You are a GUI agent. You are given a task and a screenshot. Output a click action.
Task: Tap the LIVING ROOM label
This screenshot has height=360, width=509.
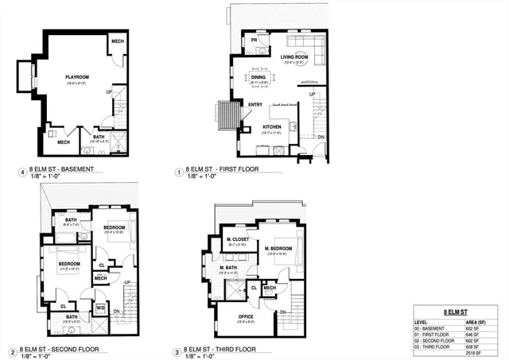tap(294, 57)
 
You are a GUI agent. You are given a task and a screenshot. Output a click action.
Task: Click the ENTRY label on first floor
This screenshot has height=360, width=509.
tap(255, 105)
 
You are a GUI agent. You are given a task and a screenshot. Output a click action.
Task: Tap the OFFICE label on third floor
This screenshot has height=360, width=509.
tap(245, 316)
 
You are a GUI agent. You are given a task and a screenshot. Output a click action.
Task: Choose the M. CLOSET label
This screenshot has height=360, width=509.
tap(238, 240)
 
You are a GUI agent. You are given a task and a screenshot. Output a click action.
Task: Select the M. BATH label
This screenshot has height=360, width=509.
tap(230, 267)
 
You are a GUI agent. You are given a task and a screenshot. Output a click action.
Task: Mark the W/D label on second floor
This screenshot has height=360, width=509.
tap(100, 307)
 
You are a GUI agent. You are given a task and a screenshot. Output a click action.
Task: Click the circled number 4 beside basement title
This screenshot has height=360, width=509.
tap(20, 171)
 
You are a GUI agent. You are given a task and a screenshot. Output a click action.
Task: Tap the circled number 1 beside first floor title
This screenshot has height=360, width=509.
tap(177, 171)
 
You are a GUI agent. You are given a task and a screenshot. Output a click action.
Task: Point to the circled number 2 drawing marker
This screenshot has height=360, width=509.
tap(14, 351)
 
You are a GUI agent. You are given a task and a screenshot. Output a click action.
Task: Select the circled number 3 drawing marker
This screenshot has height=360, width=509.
tap(177, 350)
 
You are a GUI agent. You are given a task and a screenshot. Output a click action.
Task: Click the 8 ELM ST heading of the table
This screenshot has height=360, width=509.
tap(456, 313)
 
